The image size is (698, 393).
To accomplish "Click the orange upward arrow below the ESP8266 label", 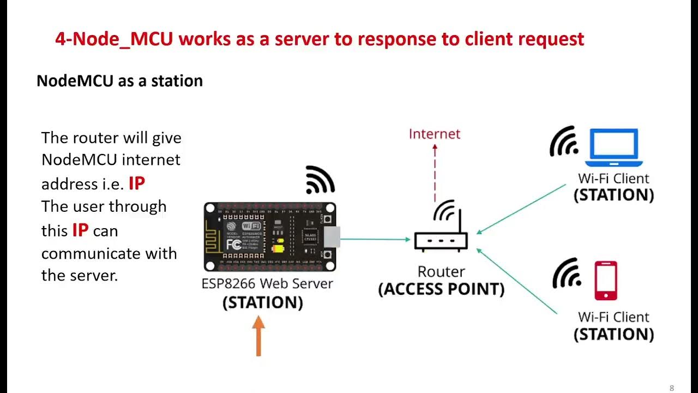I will (259, 337).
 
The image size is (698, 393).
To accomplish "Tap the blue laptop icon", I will (613, 147).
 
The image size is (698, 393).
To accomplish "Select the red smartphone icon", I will (606, 281).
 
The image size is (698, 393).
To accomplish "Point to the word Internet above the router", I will (435, 134).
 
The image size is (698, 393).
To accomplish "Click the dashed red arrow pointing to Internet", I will (435, 173).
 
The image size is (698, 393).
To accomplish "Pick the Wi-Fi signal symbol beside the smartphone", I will (567, 273).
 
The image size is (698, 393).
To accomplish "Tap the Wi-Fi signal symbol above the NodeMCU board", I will (320, 180).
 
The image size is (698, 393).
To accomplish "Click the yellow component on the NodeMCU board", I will (278, 248).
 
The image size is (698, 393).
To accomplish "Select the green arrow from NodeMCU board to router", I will (375, 239).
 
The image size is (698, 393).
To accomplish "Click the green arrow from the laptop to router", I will (521, 209).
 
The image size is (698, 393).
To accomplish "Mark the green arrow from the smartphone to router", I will (517, 281).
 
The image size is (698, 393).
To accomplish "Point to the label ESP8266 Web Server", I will (267, 284).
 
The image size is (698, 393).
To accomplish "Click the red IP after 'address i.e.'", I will (137, 184).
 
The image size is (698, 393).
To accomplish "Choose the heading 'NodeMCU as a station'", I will (119, 81).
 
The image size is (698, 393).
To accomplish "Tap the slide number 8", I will (672, 388).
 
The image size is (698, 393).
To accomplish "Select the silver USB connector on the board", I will (332, 237).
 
